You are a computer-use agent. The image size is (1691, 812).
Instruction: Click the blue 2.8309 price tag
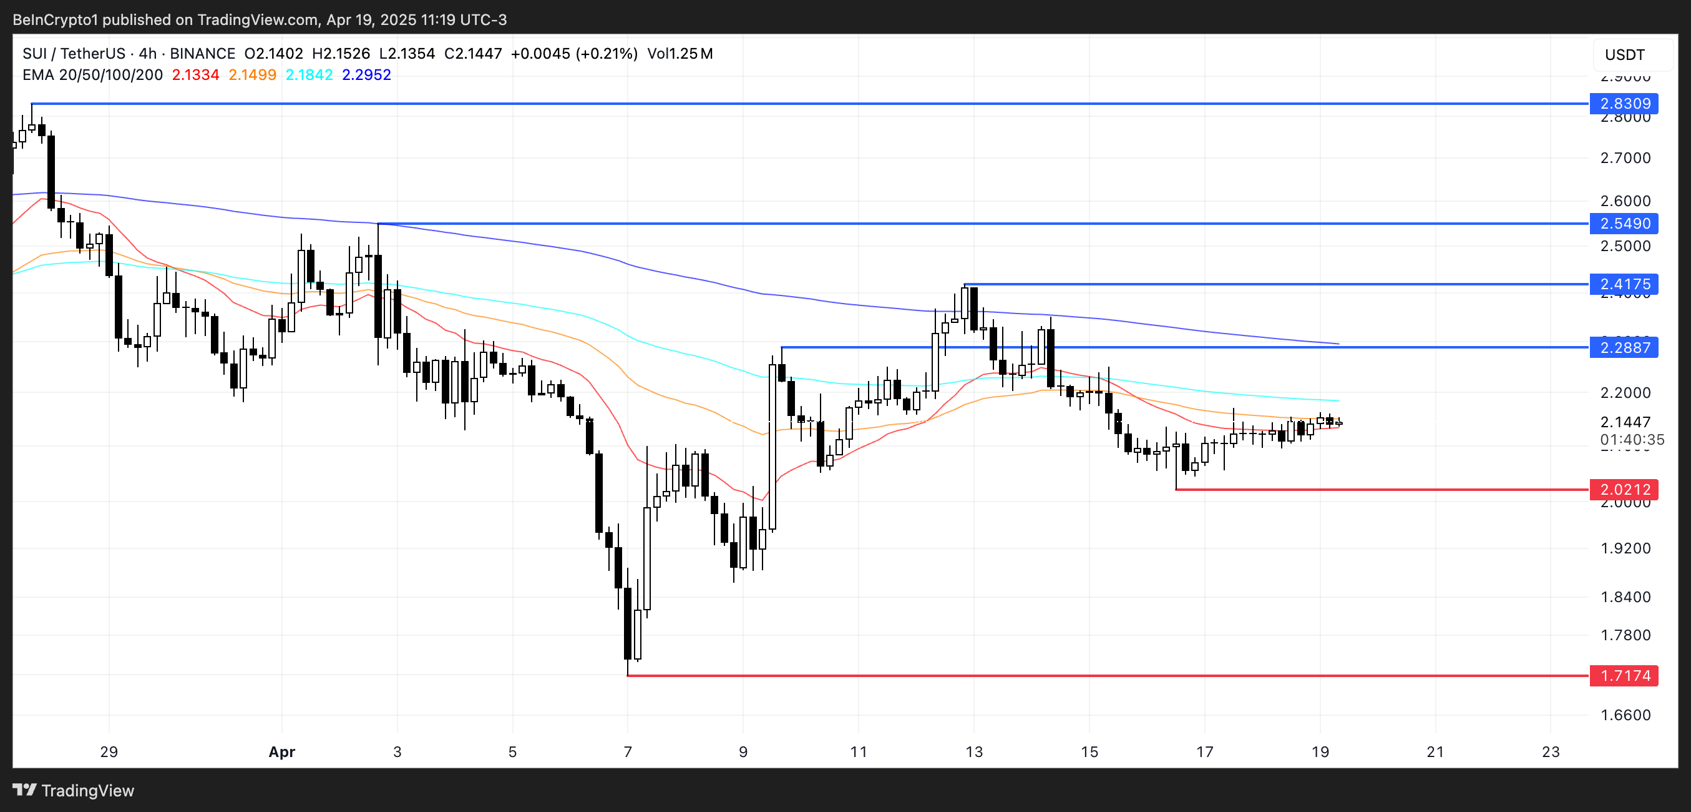point(1624,103)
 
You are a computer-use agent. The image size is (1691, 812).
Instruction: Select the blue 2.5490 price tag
point(1624,224)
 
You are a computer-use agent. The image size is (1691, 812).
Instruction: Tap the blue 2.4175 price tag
point(1624,284)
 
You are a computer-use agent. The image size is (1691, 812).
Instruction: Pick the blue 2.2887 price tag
point(1624,347)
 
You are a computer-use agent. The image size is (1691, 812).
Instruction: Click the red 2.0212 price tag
point(1624,490)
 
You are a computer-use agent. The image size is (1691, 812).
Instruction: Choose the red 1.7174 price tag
point(1624,675)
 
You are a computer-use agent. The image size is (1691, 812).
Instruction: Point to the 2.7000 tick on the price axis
point(1625,157)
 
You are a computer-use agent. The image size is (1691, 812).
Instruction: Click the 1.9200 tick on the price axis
point(1625,548)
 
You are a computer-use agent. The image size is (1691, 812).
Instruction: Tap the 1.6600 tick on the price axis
point(1625,715)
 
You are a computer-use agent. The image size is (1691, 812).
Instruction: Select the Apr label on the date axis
point(281,751)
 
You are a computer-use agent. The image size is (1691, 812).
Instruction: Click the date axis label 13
point(973,751)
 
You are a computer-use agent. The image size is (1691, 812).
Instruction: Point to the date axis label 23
point(1550,751)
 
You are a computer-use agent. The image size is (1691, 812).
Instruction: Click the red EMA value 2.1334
point(195,75)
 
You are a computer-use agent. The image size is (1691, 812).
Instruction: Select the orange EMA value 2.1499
point(252,75)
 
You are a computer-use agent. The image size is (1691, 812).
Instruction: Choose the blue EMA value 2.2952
point(366,75)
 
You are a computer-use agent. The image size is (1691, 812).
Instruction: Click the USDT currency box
point(1625,54)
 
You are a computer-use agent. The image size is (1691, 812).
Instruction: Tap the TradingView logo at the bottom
point(74,790)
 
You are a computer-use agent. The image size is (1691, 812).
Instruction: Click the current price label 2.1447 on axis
point(1625,422)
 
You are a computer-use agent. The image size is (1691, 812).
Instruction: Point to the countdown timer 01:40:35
point(1632,440)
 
